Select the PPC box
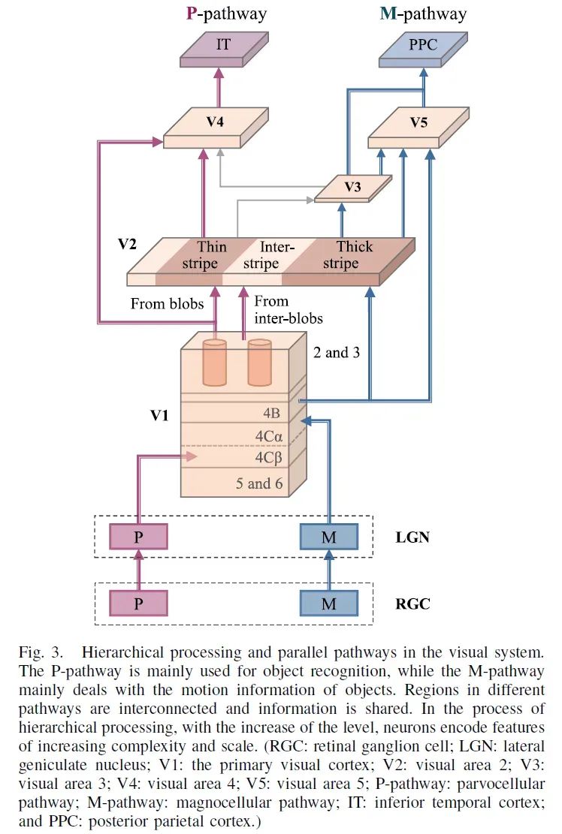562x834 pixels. (424, 49)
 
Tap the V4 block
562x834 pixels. (216, 128)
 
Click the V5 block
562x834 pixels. (418, 128)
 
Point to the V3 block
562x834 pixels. (353, 189)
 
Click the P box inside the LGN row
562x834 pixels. (138, 537)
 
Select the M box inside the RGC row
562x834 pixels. (329, 604)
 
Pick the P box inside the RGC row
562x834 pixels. (138, 604)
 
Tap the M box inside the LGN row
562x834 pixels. (329, 537)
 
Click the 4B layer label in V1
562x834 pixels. (271, 414)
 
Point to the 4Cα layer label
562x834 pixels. (269, 436)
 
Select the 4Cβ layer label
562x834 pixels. (269, 458)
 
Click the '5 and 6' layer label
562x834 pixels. (259, 483)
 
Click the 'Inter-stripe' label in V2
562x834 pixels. (269, 254)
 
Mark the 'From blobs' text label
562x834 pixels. (167, 304)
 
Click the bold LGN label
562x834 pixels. (412, 537)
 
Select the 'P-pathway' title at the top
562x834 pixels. (226, 14)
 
